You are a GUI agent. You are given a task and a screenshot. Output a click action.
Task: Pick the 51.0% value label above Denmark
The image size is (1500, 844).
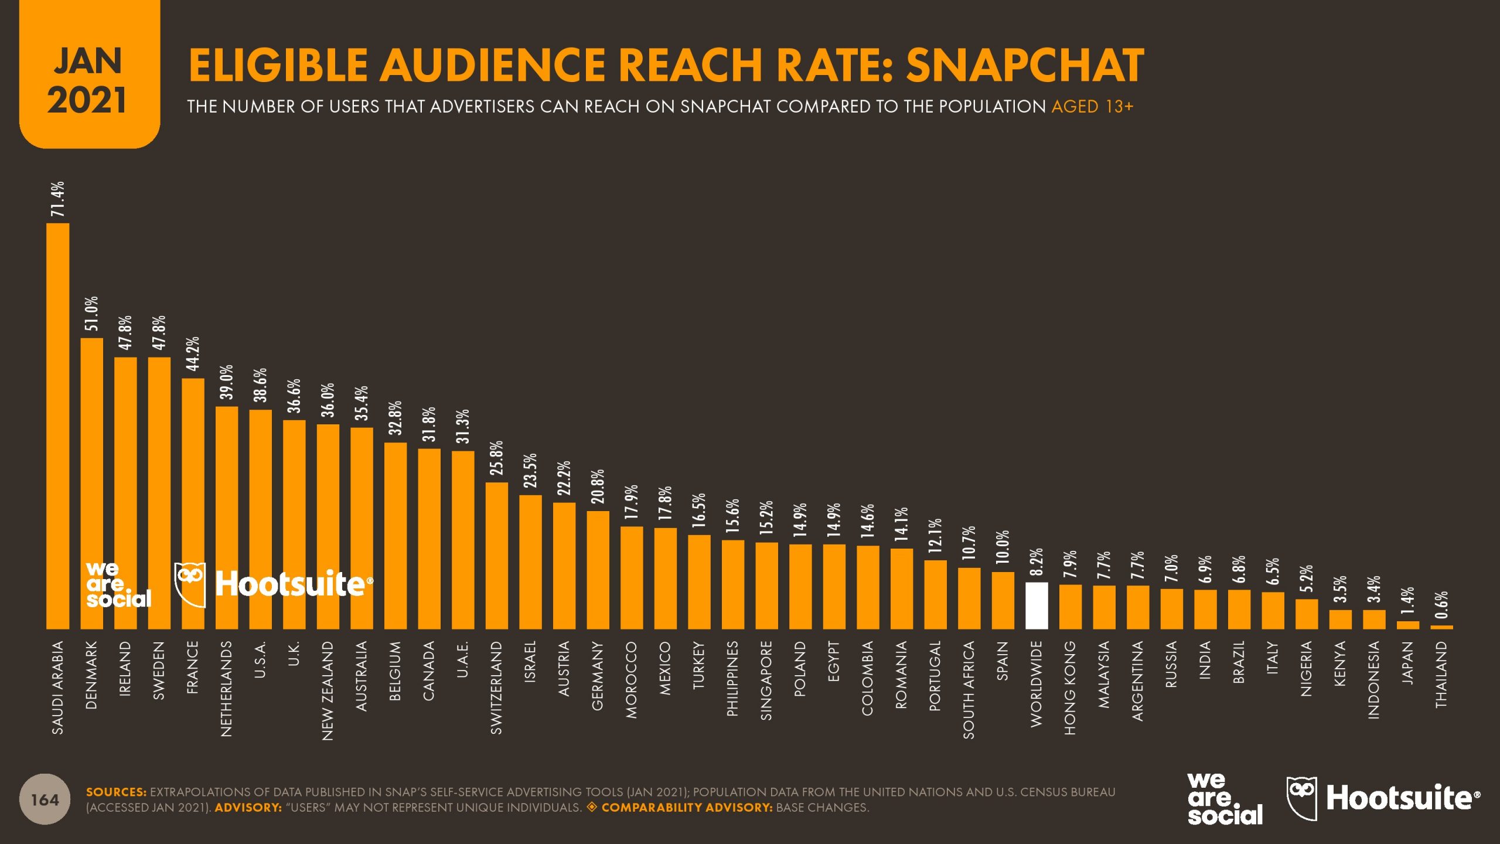pos(92,314)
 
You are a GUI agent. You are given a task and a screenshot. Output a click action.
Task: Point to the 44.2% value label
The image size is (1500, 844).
pos(193,353)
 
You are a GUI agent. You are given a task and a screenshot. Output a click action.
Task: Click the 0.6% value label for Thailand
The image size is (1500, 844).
pos(1442,605)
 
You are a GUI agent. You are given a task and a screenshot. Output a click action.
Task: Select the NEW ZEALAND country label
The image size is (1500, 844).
pos(328,690)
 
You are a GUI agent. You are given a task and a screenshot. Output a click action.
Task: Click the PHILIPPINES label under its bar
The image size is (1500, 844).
pos(732,678)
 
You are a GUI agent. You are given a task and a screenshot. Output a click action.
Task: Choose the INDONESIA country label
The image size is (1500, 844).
pos(1373,680)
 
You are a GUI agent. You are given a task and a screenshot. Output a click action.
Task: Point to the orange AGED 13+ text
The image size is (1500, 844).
pos(1092,107)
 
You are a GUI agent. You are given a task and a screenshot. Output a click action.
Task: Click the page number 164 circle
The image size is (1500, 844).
pos(45,799)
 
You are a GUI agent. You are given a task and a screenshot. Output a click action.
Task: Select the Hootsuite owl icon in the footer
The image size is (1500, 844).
pos(1301,797)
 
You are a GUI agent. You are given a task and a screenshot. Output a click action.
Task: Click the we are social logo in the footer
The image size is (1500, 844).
pos(1225,799)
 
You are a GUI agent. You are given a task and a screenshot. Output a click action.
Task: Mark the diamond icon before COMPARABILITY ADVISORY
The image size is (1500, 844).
pos(592,807)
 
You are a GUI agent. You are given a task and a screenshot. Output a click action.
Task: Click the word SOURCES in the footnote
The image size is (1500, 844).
pos(116,792)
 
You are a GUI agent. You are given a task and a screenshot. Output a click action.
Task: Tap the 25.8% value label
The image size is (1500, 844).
pos(497,458)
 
